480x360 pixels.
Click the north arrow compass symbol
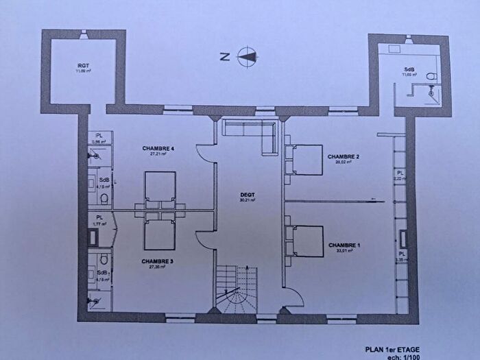coord(248,57)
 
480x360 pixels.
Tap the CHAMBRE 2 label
coord(344,156)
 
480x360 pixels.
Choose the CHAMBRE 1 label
coord(344,245)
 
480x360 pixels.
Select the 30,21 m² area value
coord(247,201)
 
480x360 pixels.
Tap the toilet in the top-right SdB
coord(431,75)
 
